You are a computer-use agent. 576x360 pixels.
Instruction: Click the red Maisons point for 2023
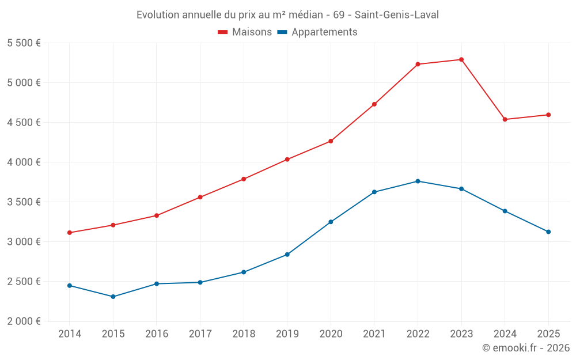[x=461, y=59]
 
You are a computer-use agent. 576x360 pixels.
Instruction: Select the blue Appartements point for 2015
[x=113, y=297]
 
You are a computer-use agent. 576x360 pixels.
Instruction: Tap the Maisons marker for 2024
[x=505, y=119]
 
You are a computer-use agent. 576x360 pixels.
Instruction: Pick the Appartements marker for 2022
[x=418, y=181]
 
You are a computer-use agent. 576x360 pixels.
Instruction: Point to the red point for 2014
[x=69, y=233]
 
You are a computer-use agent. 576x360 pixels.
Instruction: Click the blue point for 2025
[x=548, y=232]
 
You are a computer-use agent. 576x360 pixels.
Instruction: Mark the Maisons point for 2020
[x=331, y=141]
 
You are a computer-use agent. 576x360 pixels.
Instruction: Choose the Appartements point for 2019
[x=287, y=255]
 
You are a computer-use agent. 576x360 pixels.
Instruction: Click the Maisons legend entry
[x=245, y=32]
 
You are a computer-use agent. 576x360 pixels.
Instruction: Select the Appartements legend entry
[x=317, y=32]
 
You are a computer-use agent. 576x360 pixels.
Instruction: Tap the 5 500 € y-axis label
[x=24, y=43]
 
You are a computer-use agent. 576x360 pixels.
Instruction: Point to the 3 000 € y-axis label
[x=24, y=241]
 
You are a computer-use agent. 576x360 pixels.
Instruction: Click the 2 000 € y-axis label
[x=24, y=321]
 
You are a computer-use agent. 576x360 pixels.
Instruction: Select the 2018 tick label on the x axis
[x=244, y=334]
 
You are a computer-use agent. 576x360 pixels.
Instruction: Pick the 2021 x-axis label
[x=374, y=334]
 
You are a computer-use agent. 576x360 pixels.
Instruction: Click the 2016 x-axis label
[x=157, y=334]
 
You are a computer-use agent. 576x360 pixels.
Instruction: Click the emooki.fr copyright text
[x=526, y=348]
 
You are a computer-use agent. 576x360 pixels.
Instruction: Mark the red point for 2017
[x=200, y=197]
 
